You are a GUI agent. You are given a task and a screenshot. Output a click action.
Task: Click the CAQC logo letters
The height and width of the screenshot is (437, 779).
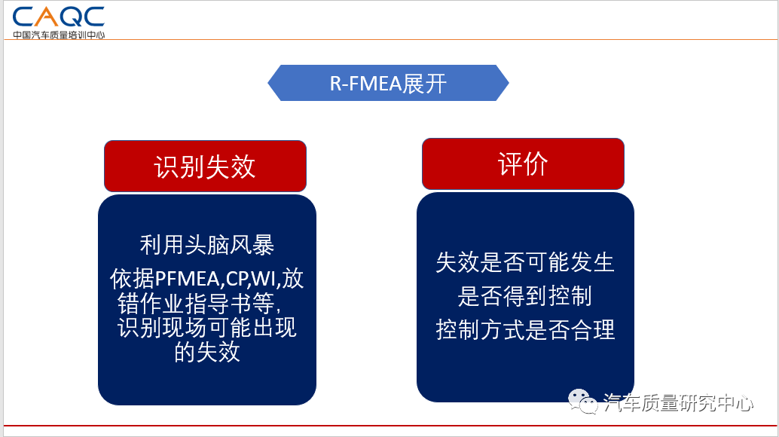58,17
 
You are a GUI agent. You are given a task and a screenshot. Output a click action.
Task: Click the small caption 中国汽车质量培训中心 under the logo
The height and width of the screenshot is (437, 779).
59,35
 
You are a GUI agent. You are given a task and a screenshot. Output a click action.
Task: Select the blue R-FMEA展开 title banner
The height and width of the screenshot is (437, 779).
388,83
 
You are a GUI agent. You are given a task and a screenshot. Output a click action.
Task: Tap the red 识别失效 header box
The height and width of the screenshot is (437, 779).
205,166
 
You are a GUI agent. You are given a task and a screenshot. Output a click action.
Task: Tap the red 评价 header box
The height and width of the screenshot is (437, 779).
523,164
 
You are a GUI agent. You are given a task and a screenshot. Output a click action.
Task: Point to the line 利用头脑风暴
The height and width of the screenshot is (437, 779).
206,245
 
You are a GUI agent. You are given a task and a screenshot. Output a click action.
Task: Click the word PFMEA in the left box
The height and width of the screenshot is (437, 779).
188,279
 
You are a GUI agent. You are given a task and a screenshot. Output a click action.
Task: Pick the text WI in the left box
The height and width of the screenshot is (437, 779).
264,279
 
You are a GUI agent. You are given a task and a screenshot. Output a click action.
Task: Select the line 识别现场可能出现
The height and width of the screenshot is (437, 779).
206,328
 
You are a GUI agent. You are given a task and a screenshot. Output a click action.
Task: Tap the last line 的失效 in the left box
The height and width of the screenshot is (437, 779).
206,352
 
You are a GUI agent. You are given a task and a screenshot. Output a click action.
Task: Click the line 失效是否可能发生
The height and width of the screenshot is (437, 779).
524,262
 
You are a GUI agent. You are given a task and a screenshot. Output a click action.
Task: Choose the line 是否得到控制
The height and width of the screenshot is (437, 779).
524,296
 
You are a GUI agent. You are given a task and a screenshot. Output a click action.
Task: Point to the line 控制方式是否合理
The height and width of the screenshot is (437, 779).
525,330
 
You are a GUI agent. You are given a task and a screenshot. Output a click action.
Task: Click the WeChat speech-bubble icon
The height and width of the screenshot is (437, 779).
583,401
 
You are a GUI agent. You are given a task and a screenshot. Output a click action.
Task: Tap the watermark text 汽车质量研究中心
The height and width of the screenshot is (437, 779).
678,403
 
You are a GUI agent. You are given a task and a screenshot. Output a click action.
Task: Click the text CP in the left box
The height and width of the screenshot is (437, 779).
237,279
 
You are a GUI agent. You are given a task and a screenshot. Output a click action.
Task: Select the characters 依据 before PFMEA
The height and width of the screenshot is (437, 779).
132,279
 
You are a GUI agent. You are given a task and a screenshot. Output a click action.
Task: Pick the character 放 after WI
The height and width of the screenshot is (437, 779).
293,279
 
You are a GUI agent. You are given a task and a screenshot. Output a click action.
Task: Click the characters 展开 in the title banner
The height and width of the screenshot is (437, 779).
424,84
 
